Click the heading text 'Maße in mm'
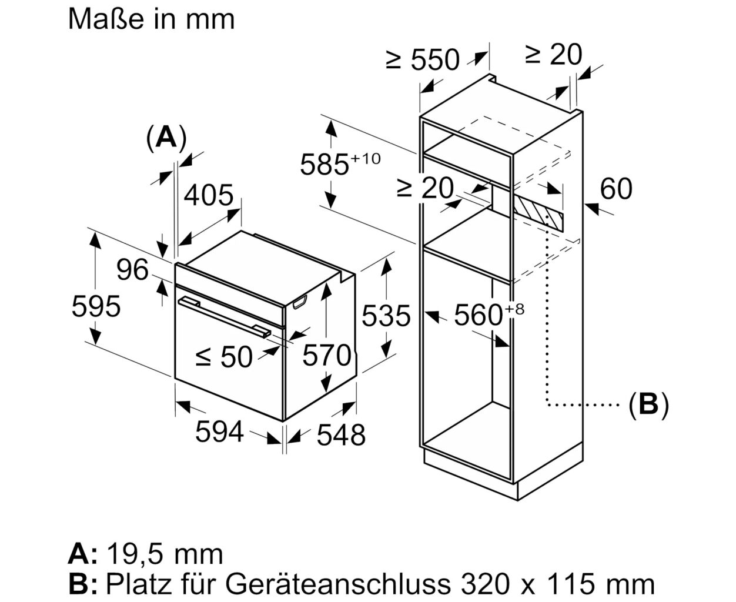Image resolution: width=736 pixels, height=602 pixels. pos(151,19)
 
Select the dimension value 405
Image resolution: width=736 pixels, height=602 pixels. pos(208,195)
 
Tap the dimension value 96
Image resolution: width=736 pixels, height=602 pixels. pos(132,270)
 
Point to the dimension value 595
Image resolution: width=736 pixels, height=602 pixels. pos(96,306)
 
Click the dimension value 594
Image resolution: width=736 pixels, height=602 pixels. pos(219,432)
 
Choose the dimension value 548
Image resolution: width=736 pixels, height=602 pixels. pos(341,435)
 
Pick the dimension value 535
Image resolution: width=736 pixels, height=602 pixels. pos(386,316)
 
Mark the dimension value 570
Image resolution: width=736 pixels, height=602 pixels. pos(327,355)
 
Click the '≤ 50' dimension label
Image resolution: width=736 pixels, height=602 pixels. pos(224,357)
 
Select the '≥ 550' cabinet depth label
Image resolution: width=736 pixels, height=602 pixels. pos(422,59)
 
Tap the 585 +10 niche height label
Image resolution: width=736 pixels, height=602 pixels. pos(340,164)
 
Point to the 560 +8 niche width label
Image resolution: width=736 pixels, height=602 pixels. pos(489,314)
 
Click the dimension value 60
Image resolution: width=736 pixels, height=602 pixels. pos(616,189)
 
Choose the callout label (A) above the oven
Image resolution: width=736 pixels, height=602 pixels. pos(166,138)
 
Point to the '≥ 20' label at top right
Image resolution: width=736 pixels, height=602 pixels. pos(554,55)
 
